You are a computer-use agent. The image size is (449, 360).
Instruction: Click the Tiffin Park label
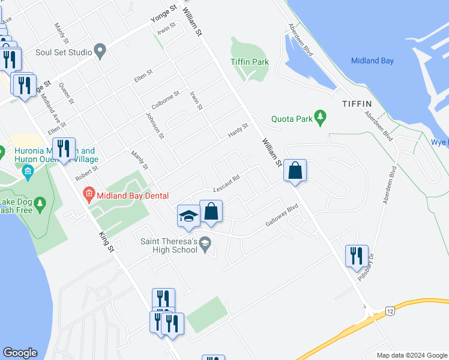click(250, 62)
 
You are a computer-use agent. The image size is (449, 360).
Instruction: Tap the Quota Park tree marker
click(321, 118)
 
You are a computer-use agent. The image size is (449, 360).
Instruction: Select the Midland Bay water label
click(373, 61)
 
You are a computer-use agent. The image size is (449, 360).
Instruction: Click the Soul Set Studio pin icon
click(100, 52)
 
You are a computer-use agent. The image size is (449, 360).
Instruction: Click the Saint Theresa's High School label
click(168, 245)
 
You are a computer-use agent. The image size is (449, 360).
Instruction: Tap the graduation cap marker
click(188, 216)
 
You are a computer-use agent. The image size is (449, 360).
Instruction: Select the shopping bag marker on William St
click(295, 171)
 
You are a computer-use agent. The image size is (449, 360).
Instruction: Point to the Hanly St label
click(237, 131)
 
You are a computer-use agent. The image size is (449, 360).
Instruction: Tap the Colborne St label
click(166, 100)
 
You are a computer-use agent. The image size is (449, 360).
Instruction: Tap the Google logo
click(20, 353)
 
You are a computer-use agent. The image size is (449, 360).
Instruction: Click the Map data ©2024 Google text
click(411, 355)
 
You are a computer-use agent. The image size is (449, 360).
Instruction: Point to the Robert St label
click(86, 175)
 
